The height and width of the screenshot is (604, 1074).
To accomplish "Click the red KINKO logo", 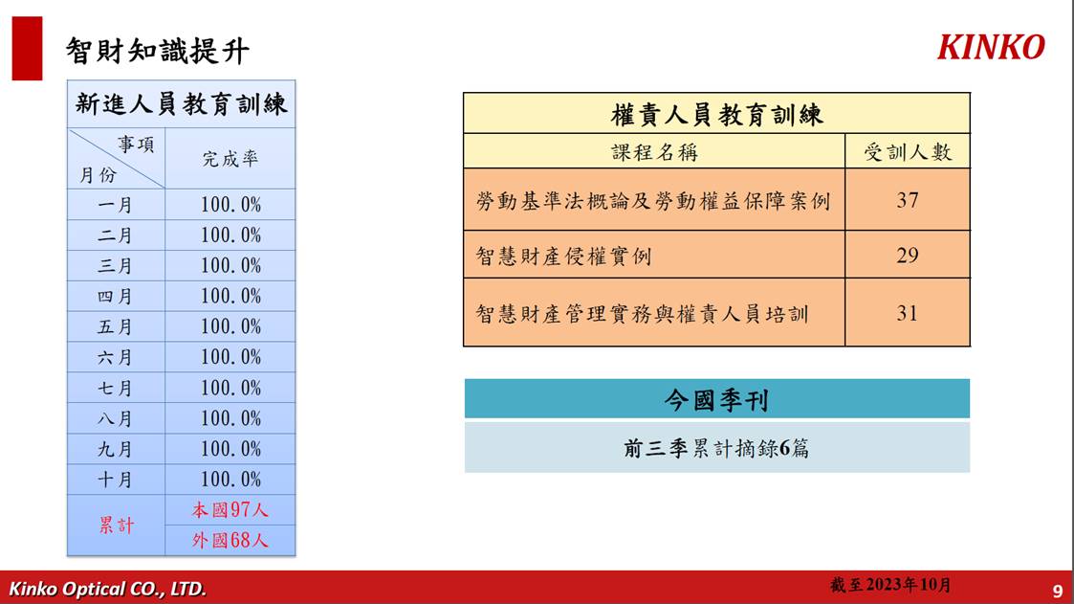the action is [991, 47].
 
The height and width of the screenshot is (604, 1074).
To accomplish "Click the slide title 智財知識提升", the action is [158, 51].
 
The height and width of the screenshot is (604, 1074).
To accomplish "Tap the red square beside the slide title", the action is [28, 49].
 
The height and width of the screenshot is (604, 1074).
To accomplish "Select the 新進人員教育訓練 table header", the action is [182, 104].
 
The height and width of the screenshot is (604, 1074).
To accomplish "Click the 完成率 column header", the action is [230, 159].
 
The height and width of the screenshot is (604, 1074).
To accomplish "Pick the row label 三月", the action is [115, 266].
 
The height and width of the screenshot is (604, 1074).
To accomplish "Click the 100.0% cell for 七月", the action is [230, 388].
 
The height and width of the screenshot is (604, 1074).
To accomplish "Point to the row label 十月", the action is [115, 480].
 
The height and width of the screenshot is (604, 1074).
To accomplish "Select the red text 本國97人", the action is [230, 510].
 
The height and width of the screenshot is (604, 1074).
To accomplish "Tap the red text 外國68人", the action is [230, 540].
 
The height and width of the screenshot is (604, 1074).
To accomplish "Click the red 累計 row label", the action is [116, 526].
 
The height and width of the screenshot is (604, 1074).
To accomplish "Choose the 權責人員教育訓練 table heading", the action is [716, 114].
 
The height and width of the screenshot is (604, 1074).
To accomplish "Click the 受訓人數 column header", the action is [908, 152].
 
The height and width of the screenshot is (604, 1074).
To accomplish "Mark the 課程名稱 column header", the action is [655, 152].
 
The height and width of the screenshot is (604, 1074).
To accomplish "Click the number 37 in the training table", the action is [908, 200].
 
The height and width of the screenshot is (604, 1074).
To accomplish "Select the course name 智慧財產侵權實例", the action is [563, 256].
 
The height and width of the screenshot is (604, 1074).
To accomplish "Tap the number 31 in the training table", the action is [908, 313].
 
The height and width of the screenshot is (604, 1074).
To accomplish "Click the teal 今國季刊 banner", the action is [717, 399].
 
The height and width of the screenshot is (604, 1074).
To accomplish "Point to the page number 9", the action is [1058, 591].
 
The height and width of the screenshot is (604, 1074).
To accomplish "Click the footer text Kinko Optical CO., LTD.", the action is [107, 589].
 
